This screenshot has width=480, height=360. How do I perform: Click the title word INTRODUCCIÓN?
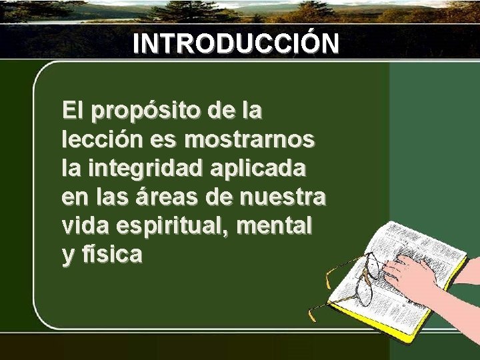235,43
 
